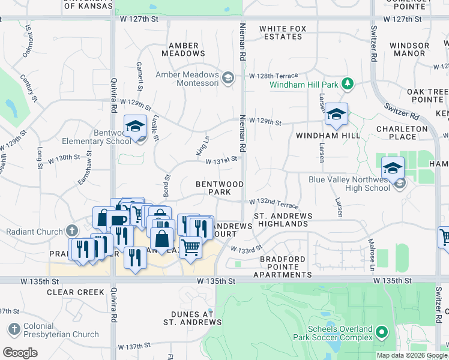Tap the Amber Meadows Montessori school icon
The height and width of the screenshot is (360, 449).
pyautogui.click(x=228, y=77)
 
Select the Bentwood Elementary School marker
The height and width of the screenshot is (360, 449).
pyautogui.click(x=136, y=127)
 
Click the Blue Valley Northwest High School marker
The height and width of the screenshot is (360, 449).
pyautogui.click(x=393, y=169)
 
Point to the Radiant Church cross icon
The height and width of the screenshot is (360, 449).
pyautogui.click(x=72, y=230)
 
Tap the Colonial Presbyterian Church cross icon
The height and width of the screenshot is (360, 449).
pyautogui.click(x=14, y=329)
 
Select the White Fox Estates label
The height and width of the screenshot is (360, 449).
pyautogui.click(x=280, y=32)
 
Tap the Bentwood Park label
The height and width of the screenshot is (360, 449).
pyautogui.click(x=219, y=188)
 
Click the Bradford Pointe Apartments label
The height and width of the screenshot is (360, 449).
pyautogui.click(x=282, y=267)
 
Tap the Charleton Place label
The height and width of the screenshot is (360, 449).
pyautogui.click(x=402, y=133)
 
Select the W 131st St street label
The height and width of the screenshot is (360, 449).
pyautogui.click(x=222, y=161)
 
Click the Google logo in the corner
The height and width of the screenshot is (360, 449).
pyautogui.click(x=20, y=353)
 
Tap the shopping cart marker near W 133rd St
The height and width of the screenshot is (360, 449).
pyautogui.click(x=190, y=246)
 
